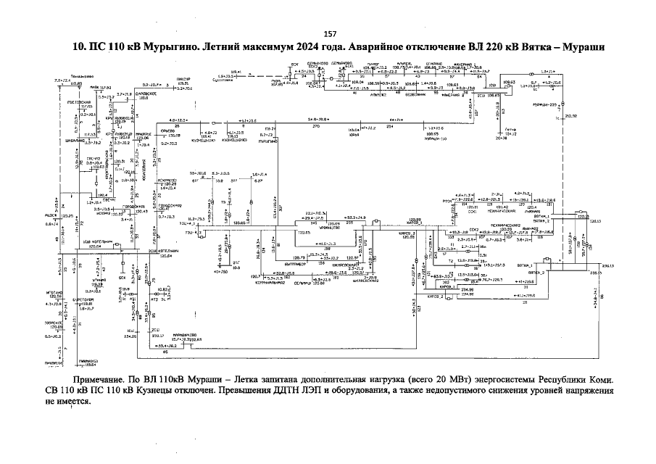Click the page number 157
[329, 34]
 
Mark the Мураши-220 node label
[541, 105]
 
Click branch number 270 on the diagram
[316, 127]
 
